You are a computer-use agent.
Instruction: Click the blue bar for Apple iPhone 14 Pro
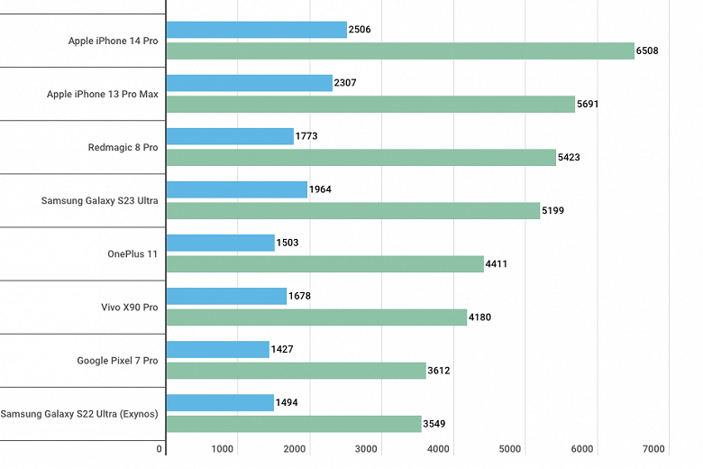(x=257, y=30)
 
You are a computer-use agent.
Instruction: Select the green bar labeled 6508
(x=400, y=51)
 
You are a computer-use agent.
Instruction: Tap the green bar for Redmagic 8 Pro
(x=361, y=157)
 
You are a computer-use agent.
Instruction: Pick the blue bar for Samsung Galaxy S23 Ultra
(x=237, y=189)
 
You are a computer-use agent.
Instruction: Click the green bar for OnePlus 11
(x=325, y=263)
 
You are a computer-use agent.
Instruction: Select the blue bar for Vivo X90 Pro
(x=226, y=296)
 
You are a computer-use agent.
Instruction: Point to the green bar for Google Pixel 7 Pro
(x=297, y=370)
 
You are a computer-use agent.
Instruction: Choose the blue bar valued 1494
(x=220, y=402)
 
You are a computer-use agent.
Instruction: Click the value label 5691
(x=587, y=104)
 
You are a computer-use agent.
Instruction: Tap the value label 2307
(x=344, y=83)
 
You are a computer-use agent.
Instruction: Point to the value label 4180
(x=479, y=317)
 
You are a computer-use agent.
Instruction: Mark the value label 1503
(x=287, y=243)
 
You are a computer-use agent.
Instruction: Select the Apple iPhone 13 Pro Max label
(x=102, y=94)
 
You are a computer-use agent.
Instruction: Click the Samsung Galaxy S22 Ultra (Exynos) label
(x=79, y=414)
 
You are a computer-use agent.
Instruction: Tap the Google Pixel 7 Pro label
(x=117, y=361)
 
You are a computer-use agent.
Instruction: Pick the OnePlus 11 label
(x=132, y=254)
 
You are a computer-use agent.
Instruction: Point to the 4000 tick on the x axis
(x=438, y=448)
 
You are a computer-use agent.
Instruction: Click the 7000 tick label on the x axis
(x=653, y=448)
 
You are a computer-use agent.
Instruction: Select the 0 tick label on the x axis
(x=160, y=448)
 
